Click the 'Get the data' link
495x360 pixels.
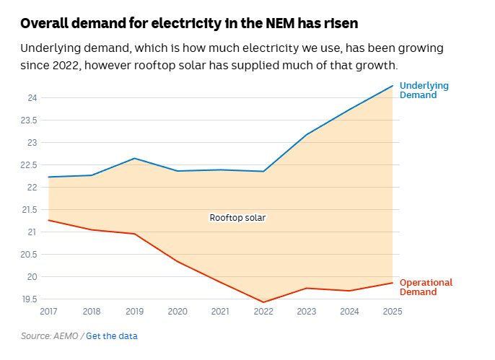[x=111, y=336]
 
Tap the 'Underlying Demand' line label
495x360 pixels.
[x=424, y=90]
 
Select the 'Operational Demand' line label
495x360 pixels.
[x=426, y=287]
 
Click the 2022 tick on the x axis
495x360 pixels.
[x=263, y=312]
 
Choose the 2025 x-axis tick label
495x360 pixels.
[x=393, y=312]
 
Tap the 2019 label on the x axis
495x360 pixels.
[x=134, y=312]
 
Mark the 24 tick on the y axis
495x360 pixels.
[x=32, y=97]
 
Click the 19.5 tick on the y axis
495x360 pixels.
[x=30, y=299]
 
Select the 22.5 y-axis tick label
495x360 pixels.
[x=30, y=164]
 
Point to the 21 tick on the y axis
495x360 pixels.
[x=32, y=232]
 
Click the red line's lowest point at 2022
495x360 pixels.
[x=263, y=302]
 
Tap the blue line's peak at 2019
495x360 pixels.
[x=134, y=158]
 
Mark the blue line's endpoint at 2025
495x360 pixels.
[x=393, y=86]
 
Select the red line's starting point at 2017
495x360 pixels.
[x=48, y=220]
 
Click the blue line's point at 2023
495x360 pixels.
[x=306, y=134]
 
